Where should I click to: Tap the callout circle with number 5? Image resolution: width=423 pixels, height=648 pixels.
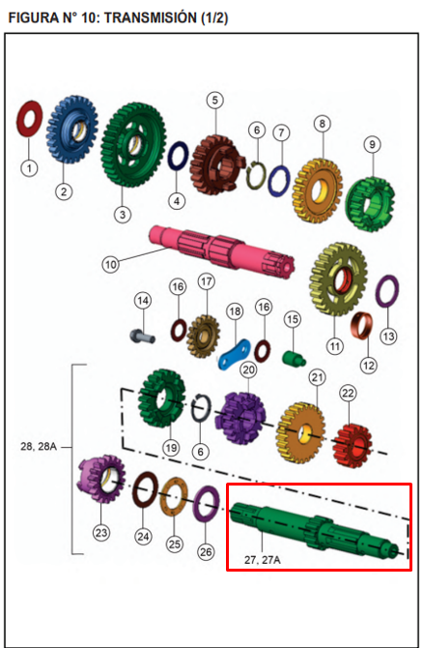[215, 101]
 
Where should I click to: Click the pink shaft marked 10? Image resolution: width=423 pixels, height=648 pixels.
[222, 251]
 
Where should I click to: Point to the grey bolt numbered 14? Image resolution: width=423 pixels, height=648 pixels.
[142, 336]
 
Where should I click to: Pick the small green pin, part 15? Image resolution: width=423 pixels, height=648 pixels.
[294, 358]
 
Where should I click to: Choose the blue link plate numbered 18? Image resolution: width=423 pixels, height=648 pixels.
[235, 355]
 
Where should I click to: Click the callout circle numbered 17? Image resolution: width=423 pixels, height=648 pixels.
[207, 281]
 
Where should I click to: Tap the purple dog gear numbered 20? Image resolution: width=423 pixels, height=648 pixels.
[240, 418]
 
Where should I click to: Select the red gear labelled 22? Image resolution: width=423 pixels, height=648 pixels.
[352, 446]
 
